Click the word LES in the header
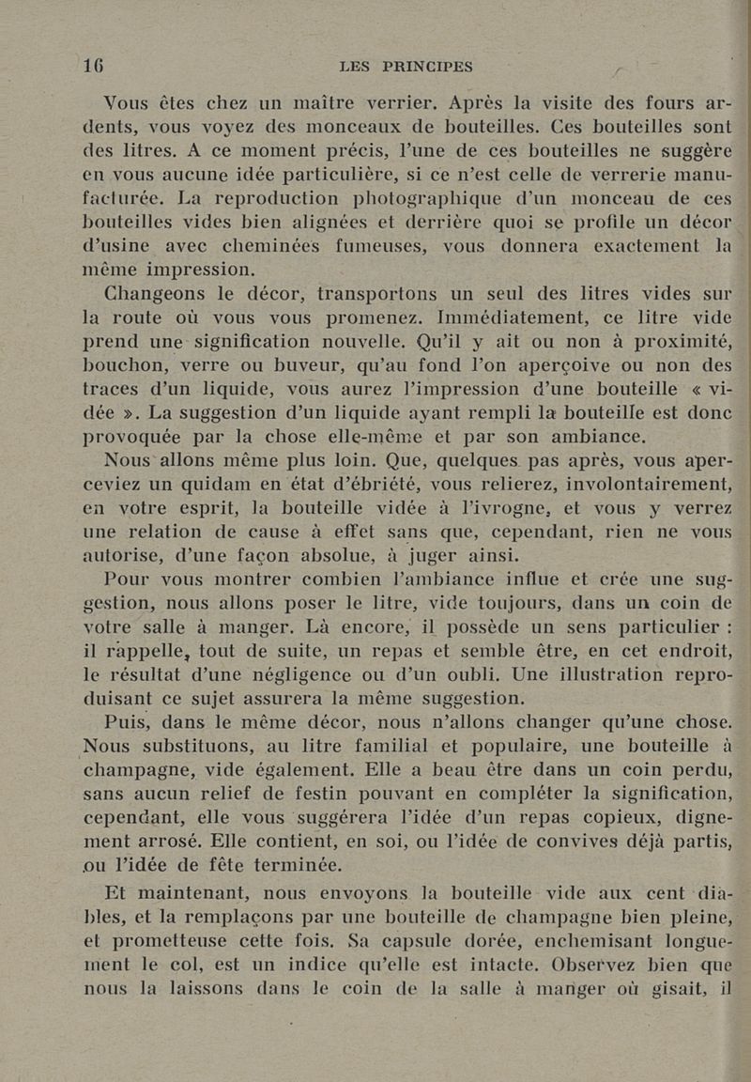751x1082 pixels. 354,66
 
